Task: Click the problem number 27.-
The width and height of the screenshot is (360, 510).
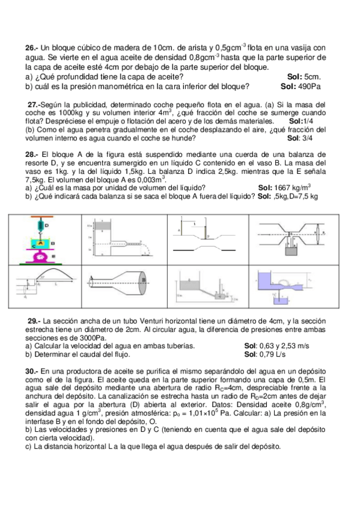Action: [37, 104]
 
